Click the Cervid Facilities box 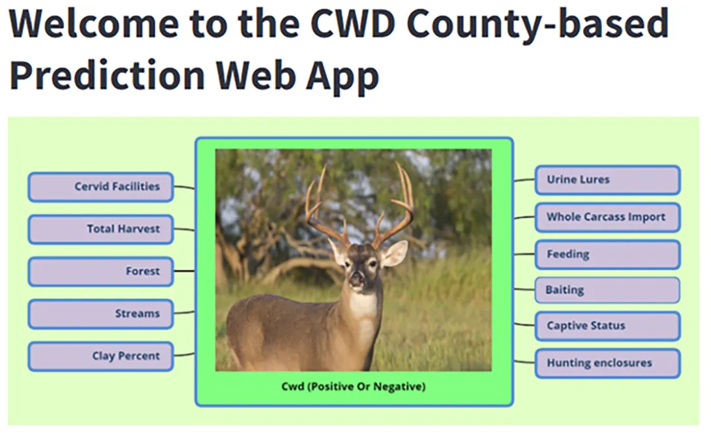[x=100, y=187]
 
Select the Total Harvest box [x=100, y=229]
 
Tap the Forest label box [x=100, y=272]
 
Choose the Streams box [x=100, y=314]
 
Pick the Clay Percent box [x=100, y=356]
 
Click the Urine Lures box [x=608, y=180]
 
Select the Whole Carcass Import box [x=608, y=217]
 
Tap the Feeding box [x=608, y=255]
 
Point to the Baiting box [x=607, y=290]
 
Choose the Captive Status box [x=608, y=326]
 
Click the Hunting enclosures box [x=608, y=364]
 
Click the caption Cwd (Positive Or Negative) [x=354, y=386]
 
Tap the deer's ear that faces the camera [x=394, y=253]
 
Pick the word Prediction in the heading [x=108, y=75]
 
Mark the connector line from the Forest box [x=185, y=272]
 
